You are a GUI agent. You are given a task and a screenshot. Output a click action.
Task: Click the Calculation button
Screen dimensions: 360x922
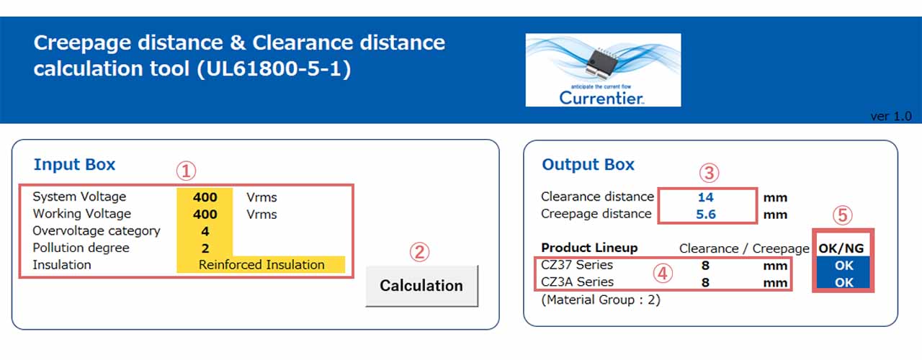pos(421,286)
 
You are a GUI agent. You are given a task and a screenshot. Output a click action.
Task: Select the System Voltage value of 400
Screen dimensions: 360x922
pos(205,197)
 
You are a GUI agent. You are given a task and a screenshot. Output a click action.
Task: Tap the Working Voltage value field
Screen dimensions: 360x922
pos(205,214)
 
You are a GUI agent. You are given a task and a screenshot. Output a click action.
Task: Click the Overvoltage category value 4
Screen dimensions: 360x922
pos(205,231)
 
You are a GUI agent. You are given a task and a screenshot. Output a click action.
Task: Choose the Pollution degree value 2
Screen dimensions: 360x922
pos(205,248)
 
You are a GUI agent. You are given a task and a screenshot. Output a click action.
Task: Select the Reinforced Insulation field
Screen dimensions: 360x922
pos(261,265)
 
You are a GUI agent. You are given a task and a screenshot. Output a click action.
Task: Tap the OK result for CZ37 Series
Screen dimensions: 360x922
pos(843,266)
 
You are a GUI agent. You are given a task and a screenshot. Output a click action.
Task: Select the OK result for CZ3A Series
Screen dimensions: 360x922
pos(843,282)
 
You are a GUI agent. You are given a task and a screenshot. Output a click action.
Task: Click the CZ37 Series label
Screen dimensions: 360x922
pos(577,265)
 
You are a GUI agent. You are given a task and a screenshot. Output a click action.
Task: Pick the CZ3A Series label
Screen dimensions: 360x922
pos(577,282)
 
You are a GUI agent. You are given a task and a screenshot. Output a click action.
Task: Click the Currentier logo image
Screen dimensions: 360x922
pos(602,70)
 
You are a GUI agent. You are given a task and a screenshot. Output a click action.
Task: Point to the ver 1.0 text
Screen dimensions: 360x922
pos(890,116)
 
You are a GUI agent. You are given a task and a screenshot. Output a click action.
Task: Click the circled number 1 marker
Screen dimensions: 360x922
pos(186,171)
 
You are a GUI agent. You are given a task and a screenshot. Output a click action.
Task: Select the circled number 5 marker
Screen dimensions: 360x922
pos(842,215)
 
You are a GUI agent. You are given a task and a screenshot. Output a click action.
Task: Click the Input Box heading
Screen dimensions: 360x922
pos(74,164)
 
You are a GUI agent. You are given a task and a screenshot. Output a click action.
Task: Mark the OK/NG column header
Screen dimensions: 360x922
pos(842,248)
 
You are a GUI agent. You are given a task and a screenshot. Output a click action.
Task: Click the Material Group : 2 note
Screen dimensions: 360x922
pos(601,300)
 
